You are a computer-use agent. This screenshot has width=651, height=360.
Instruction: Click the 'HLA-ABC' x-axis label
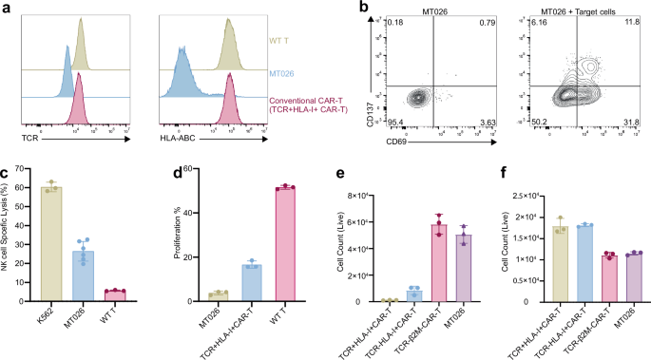[x=178, y=138]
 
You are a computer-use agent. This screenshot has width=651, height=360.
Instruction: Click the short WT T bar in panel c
[x=142, y=295]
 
